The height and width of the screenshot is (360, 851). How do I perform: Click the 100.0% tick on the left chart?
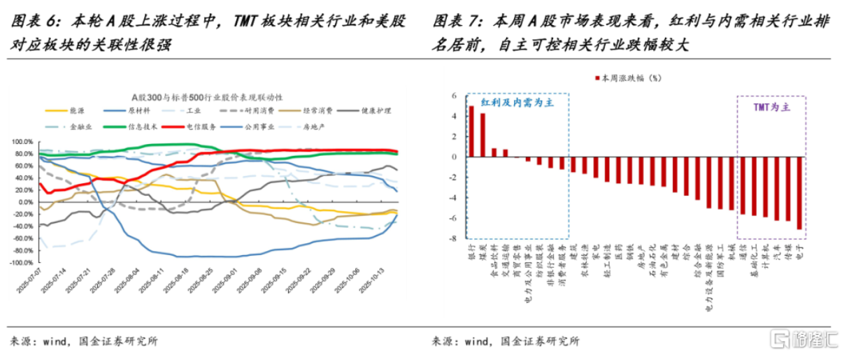pyautogui.click(x=20, y=142)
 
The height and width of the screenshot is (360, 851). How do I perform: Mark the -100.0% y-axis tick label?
pyautogui.click(x=18, y=263)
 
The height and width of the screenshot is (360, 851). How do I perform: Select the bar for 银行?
pyautogui.click(x=471, y=131)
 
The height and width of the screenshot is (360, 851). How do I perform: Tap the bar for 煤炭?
pyautogui.click(x=482, y=135)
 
